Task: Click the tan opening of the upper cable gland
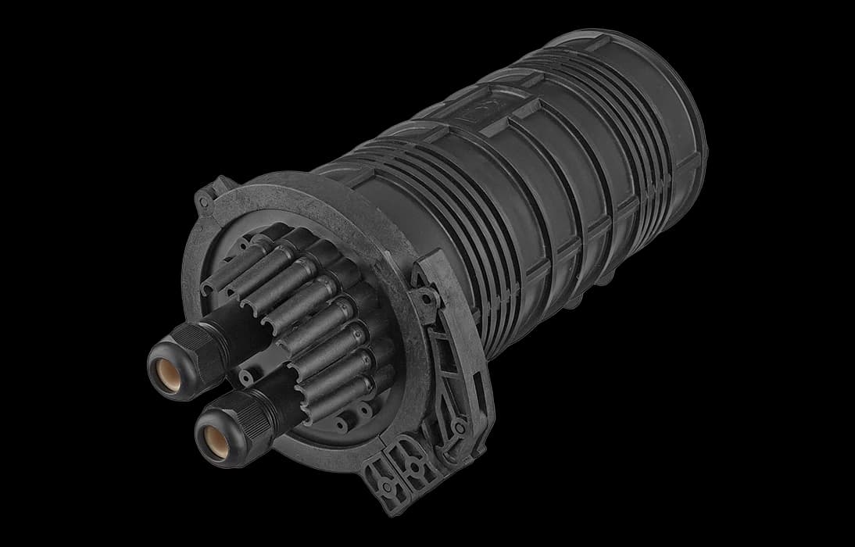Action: pos(166,367)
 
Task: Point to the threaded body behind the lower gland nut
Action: pos(270,395)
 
